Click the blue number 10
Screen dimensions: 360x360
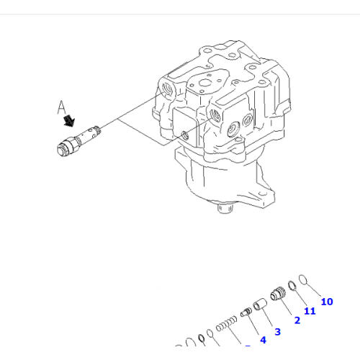coord(327,302)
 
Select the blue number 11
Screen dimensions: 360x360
coord(310,311)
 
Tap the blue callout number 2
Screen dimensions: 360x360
coord(296,320)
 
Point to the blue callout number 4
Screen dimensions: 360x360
coord(263,339)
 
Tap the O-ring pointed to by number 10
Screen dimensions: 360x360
coord(303,281)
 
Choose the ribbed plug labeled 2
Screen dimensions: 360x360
coord(277,295)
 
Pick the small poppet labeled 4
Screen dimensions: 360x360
coord(246,313)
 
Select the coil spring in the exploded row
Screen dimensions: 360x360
coord(227,323)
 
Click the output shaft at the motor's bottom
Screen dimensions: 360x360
coord(223,209)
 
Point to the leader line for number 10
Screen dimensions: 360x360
coord(315,290)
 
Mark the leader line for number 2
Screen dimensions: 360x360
coord(287,307)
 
